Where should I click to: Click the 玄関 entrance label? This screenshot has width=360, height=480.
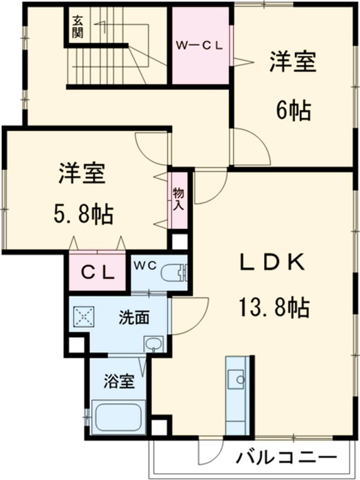tap(77, 26)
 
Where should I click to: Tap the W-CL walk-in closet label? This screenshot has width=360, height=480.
tap(200, 44)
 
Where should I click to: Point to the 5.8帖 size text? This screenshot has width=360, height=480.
tap(83, 213)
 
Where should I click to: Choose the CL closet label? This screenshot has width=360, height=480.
tap(98, 273)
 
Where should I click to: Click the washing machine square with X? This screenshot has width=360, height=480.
tap(82, 316)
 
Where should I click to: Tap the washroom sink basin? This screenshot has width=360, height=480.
tap(154, 344)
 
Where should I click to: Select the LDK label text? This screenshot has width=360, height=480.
tap(274, 262)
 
